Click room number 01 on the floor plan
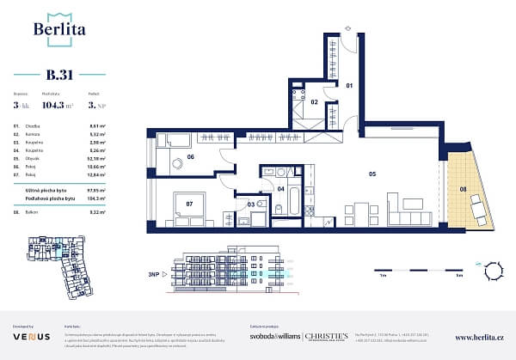350,86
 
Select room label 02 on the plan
316,103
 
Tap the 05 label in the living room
372,175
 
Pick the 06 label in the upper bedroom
190,157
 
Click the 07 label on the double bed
190,205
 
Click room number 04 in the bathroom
280,187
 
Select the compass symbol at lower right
494,272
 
